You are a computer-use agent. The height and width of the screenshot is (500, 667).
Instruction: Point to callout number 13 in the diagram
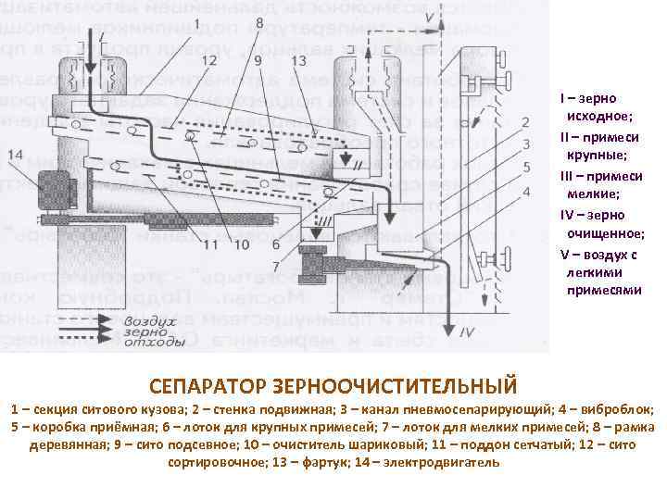(297, 60)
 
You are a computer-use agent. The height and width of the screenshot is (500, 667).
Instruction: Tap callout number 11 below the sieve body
(211, 244)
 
